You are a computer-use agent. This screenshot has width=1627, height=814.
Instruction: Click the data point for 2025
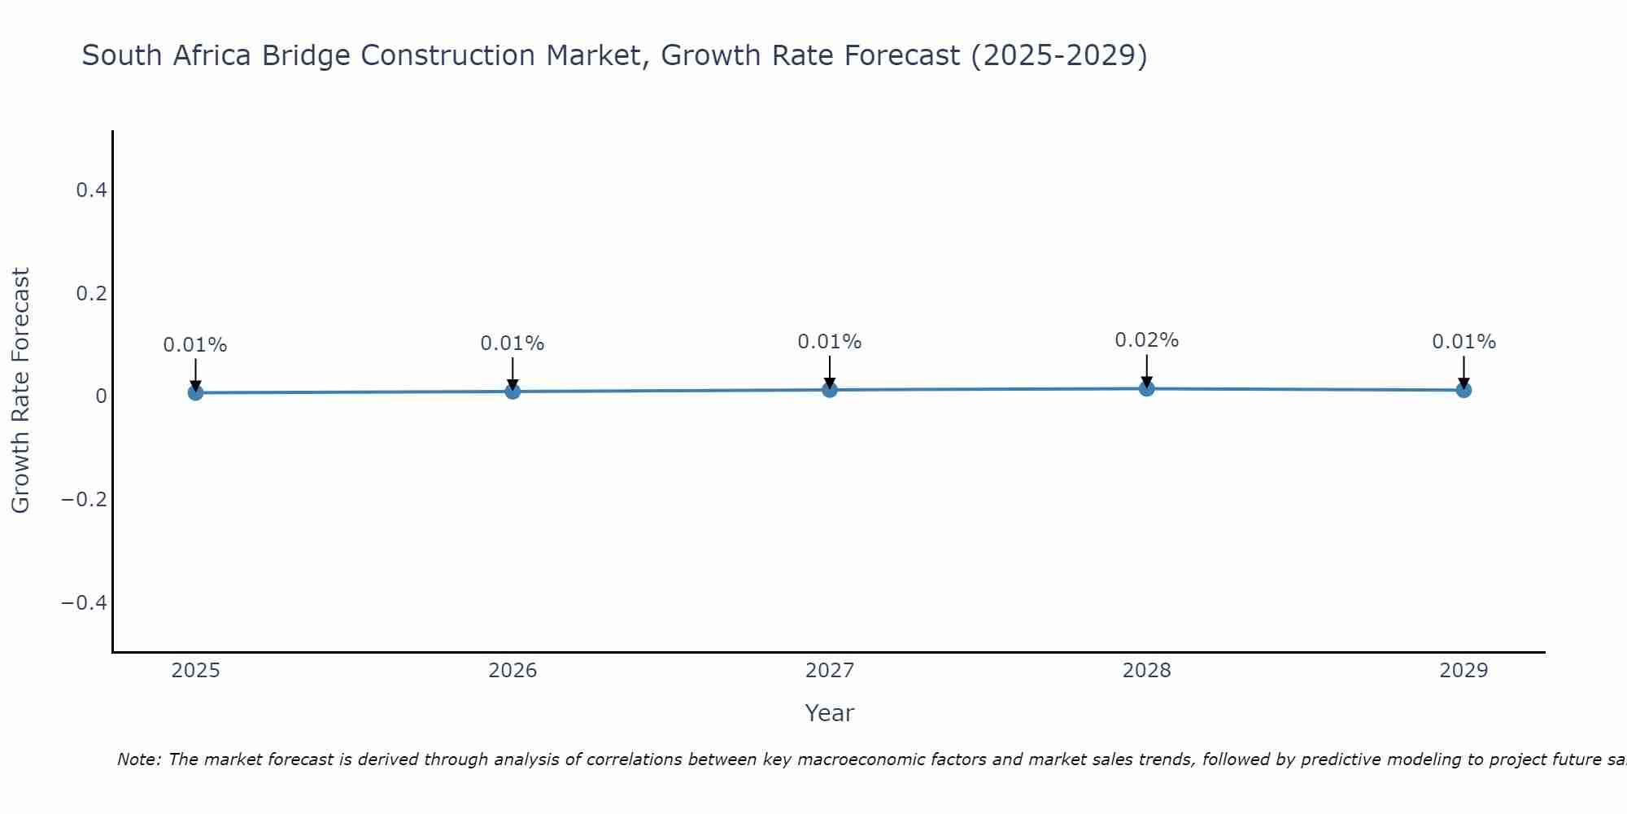(195, 392)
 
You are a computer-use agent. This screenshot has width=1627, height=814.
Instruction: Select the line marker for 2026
(513, 392)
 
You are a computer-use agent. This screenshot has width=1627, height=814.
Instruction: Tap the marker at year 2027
(830, 390)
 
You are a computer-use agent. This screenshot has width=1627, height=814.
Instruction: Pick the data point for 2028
(1147, 388)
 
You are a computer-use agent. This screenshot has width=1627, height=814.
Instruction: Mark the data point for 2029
(1463, 390)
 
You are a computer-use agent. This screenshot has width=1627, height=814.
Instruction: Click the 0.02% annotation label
(1146, 340)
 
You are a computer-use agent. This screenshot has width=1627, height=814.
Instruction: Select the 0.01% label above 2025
(195, 345)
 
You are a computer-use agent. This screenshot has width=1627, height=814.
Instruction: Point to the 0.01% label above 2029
(1463, 342)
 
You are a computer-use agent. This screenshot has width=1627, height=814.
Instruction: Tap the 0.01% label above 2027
(829, 342)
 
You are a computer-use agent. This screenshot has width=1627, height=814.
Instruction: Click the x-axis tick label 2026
(513, 671)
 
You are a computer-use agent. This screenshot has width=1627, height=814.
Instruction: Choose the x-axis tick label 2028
(1146, 671)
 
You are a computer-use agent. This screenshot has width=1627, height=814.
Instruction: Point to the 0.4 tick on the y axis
(91, 190)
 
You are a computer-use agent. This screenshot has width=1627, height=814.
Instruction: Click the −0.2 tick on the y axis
(85, 499)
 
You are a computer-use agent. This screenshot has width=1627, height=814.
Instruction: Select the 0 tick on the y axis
(101, 396)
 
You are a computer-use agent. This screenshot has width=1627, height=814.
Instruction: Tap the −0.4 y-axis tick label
(85, 602)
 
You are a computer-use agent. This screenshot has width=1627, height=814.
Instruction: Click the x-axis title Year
(829, 713)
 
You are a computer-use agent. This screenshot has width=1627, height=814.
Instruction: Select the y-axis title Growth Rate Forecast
(20, 391)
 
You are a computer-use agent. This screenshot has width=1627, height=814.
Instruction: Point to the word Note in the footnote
(138, 759)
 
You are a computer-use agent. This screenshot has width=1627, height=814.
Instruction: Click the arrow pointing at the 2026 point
(513, 374)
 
